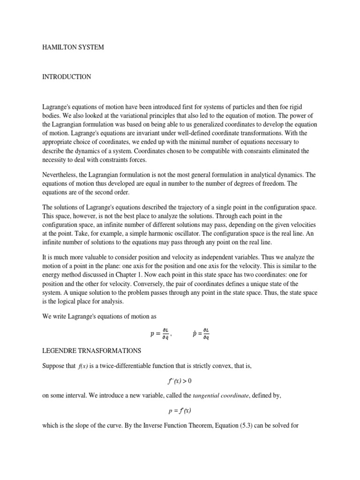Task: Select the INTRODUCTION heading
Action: click(x=67, y=77)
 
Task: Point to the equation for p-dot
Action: click(x=201, y=334)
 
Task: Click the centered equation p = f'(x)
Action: click(x=180, y=411)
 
